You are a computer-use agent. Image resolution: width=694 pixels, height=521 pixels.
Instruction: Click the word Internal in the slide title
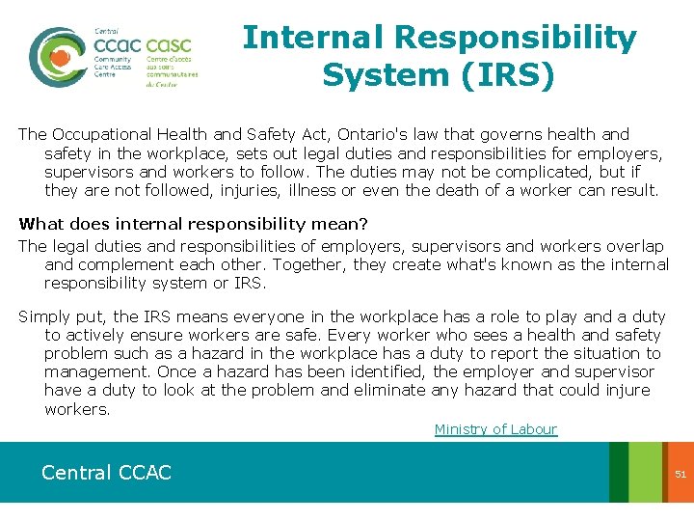(310, 38)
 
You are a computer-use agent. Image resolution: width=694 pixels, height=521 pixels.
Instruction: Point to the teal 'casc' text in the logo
(169, 44)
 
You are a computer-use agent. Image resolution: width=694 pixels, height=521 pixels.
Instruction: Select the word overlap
(632, 246)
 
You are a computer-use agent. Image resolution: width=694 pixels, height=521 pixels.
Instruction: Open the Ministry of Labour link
(495, 429)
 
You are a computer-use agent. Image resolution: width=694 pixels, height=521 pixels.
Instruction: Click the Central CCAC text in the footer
(106, 473)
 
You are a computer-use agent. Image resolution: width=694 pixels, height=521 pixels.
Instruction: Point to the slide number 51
(680, 474)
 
